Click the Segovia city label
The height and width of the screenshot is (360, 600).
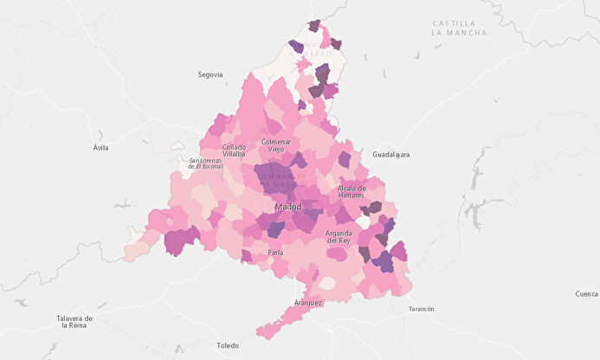pyautogui.click(x=210, y=75)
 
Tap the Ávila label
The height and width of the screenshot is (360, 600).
pyautogui.click(x=101, y=148)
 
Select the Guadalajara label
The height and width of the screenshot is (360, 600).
pyautogui.click(x=390, y=155)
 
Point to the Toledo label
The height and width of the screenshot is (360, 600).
pyautogui.click(x=228, y=345)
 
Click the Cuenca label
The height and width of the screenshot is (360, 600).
pyautogui.click(x=585, y=294)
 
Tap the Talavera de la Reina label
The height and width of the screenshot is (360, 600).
pyautogui.click(x=76, y=322)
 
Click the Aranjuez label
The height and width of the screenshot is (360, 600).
pyautogui.click(x=308, y=303)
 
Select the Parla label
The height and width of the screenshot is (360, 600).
pyautogui.click(x=275, y=253)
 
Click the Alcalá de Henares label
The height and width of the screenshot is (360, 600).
pyautogui.click(x=352, y=192)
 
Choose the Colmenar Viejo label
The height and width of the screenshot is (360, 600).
pyautogui.click(x=276, y=145)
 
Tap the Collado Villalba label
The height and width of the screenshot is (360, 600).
pyautogui.click(x=234, y=151)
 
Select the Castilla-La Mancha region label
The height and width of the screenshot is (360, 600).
pyautogui.click(x=459, y=28)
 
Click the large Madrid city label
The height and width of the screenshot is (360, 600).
pyautogui.click(x=288, y=208)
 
